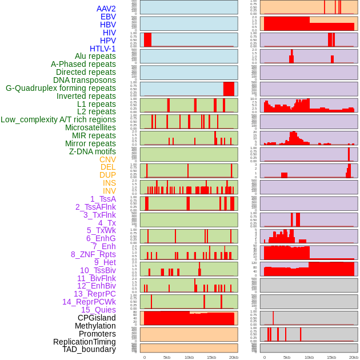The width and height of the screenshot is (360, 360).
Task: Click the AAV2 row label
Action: tap(106, 9)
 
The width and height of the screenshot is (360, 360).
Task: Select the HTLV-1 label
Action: tap(103, 49)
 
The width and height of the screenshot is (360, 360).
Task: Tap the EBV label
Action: tap(108, 17)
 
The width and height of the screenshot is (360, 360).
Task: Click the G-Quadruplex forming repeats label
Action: tap(61, 88)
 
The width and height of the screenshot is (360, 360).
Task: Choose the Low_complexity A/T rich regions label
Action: tap(58, 119)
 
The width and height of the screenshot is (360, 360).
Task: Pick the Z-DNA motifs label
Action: tap(93, 151)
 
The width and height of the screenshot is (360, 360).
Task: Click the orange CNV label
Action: tap(107, 159)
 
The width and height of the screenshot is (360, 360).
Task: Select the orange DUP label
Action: tap(107, 175)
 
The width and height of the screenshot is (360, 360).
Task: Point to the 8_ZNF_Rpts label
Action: tap(93, 254)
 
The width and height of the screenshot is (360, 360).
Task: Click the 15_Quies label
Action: tap(98, 310)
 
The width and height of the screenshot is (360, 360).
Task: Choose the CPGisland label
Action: tap(97, 318)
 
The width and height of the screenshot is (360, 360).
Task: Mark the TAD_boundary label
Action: tap(89, 349)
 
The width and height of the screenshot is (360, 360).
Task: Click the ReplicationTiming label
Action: tap(85, 342)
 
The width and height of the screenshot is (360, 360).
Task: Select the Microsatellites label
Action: tap(90, 127)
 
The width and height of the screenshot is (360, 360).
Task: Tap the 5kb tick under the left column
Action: tap(167, 357)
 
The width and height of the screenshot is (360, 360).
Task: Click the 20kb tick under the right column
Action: tap(354, 357)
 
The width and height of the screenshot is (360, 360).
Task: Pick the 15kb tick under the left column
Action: tap(211, 357)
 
